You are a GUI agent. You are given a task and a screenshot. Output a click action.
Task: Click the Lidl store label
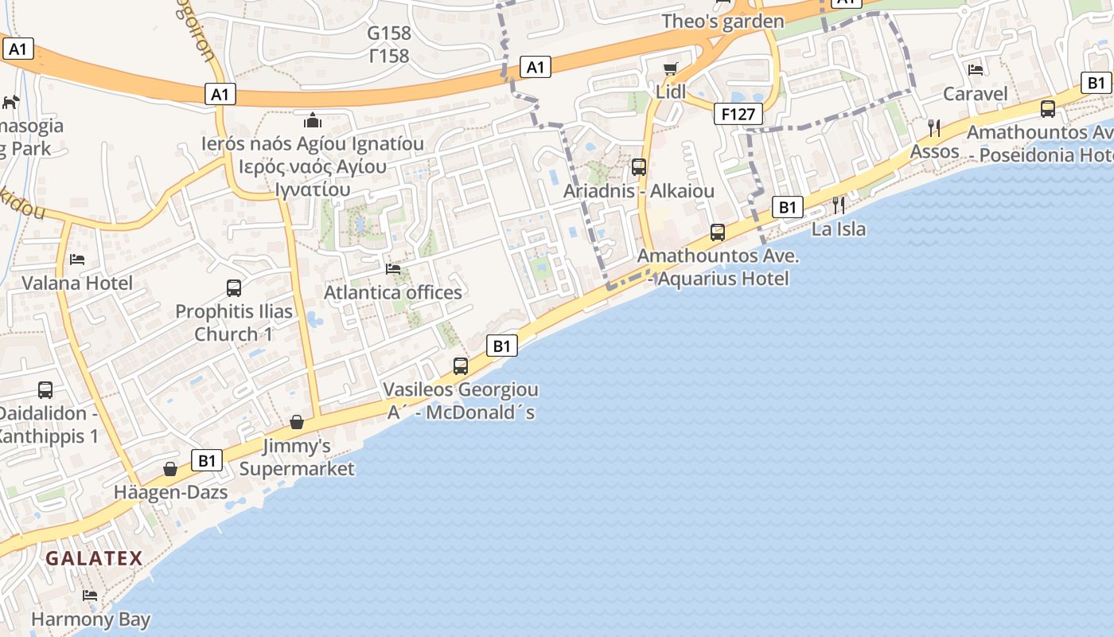pos(671,92)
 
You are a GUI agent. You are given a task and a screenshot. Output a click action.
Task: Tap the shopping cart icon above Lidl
pos(671,68)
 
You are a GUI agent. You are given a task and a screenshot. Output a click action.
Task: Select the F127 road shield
pos(738,114)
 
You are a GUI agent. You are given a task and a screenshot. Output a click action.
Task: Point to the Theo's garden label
pos(723,21)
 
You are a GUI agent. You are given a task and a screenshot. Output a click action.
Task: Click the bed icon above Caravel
pos(976,70)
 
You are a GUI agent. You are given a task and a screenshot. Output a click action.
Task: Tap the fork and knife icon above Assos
pos(935,127)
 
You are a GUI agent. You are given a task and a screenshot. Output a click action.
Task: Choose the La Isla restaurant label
pos(839,229)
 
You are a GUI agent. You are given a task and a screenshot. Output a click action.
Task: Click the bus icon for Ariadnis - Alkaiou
pos(638,167)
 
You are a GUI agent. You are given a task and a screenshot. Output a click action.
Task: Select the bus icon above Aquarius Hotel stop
pos(718,233)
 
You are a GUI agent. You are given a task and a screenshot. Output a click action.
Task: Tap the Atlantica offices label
pos(393,292)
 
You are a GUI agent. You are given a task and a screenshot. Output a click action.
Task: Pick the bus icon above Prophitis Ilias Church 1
pos(234,288)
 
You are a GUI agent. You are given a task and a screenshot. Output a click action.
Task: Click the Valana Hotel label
pos(77,283)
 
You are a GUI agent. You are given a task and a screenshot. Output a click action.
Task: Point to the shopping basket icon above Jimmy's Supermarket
pos(297,422)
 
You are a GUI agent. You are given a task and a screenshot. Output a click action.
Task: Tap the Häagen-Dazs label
pos(170,491)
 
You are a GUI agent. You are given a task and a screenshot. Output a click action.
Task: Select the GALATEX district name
pos(94,558)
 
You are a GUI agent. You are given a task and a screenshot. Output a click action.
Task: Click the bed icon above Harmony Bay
pos(90,596)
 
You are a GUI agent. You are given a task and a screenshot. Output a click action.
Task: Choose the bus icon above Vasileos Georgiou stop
pos(461,366)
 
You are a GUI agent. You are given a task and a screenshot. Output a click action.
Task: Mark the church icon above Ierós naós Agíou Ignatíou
pos(313,120)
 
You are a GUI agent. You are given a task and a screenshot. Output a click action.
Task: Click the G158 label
pos(389,33)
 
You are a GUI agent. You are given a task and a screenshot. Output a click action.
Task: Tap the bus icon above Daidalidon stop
pos(45,390)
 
